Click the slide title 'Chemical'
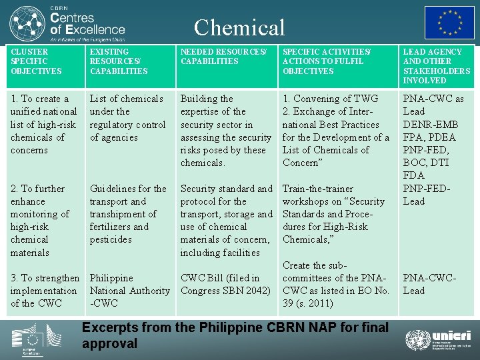coord(239,27)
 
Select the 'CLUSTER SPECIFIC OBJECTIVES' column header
coord(36,61)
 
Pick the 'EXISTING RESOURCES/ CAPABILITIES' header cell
coord(119,61)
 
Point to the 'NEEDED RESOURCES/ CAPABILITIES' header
coord(223,57)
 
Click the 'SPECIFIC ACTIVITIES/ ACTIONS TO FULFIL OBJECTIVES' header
coord(327,61)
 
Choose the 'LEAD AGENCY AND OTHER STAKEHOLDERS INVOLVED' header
coord(436,66)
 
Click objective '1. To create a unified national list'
coord(43,124)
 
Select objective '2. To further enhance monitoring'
coord(39,220)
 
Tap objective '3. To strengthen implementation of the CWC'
coord(44,291)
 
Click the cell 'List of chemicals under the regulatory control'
coord(127,118)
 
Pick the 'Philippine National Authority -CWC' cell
coord(129,291)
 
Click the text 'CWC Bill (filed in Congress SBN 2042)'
coord(225,284)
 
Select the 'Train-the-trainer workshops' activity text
coord(334,214)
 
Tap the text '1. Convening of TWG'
coord(330,99)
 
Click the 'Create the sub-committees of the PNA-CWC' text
coord(335,284)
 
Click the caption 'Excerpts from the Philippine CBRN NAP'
coord(235,335)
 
